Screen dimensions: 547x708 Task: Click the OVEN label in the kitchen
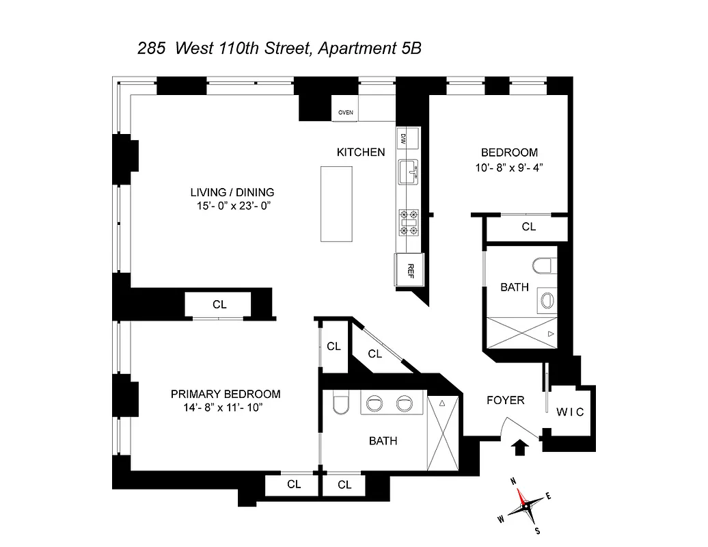345,113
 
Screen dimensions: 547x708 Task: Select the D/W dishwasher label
403,138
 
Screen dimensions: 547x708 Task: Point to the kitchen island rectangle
335,203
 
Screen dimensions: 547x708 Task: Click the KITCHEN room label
360,152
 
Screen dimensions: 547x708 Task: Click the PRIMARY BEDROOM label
226,394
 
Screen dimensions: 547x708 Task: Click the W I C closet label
569,412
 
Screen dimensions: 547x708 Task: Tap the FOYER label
505,400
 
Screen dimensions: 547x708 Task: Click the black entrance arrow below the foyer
519,447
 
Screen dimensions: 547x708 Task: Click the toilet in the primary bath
340,405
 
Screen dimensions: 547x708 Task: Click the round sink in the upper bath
547,299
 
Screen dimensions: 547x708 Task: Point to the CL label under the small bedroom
528,227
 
